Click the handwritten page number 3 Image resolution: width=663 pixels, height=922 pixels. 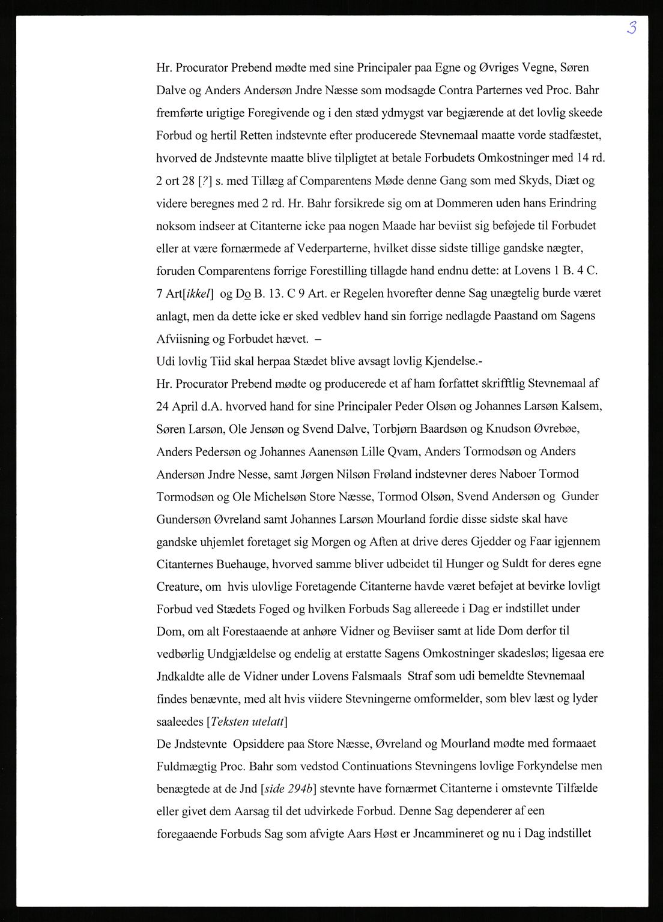click(631, 28)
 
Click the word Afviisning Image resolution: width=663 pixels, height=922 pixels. click(183, 339)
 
